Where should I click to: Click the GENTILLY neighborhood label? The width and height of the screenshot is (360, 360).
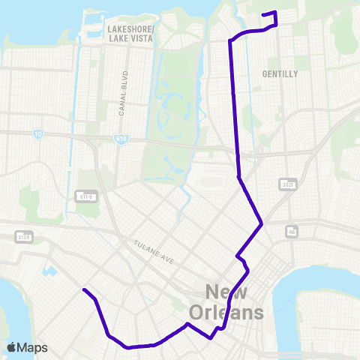(x=280, y=74)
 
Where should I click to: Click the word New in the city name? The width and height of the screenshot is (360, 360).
(x=233, y=292)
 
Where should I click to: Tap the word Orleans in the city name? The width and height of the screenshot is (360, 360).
(x=233, y=312)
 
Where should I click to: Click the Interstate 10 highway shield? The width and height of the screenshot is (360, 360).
(x=37, y=134)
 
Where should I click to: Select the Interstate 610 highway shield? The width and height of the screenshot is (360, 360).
(x=121, y=139)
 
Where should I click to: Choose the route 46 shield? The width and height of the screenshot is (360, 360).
(x=292, y=232)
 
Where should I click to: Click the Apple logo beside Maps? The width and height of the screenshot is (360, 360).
(x=11, y=347)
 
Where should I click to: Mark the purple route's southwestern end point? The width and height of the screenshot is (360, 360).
(x=83, y=289)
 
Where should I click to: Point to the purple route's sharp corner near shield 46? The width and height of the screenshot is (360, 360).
(x=261, y=223)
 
